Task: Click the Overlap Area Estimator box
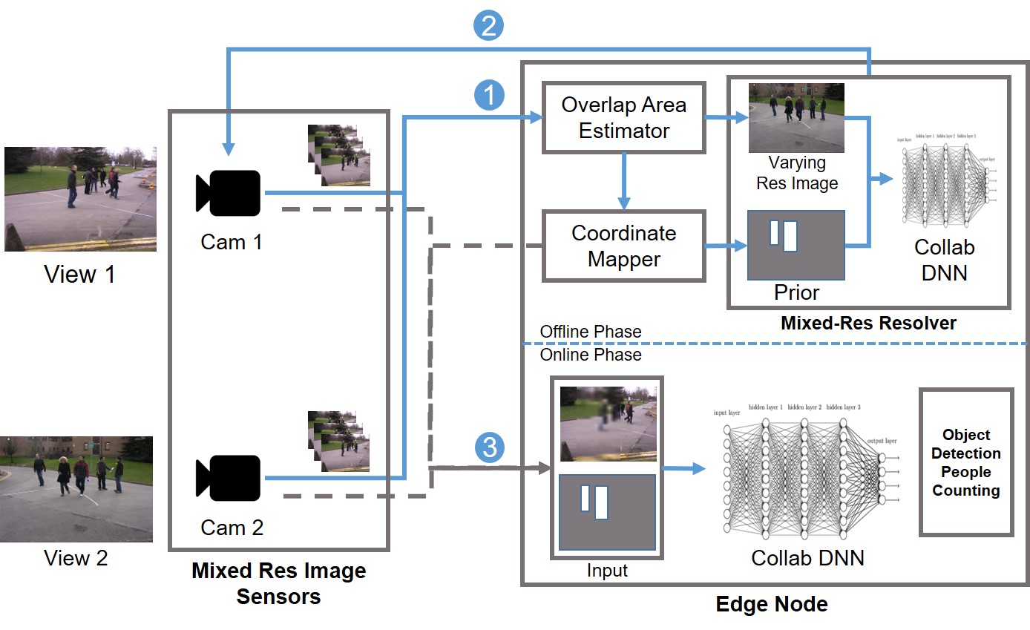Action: (x=623, y=117)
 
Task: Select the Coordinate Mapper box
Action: (x=623, y=246)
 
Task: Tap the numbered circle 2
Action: (x=488, y=26)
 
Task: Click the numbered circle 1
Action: (x=488, y=94)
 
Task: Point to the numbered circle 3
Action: (x=488, y=447)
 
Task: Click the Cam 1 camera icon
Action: (x=228, y=193)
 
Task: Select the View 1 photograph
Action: (x=80, y=198)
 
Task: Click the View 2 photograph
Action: (x=76, y=488)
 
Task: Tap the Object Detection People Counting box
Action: (x=966, y=462)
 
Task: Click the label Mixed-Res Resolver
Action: (x=868, y=323)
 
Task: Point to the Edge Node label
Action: (x=772, y=604)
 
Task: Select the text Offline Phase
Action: (x=591, y=331)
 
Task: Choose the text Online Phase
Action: (x=591, y=355)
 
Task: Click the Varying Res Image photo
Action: (x=796, y=117)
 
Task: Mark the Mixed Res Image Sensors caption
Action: (x=278, y=583)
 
